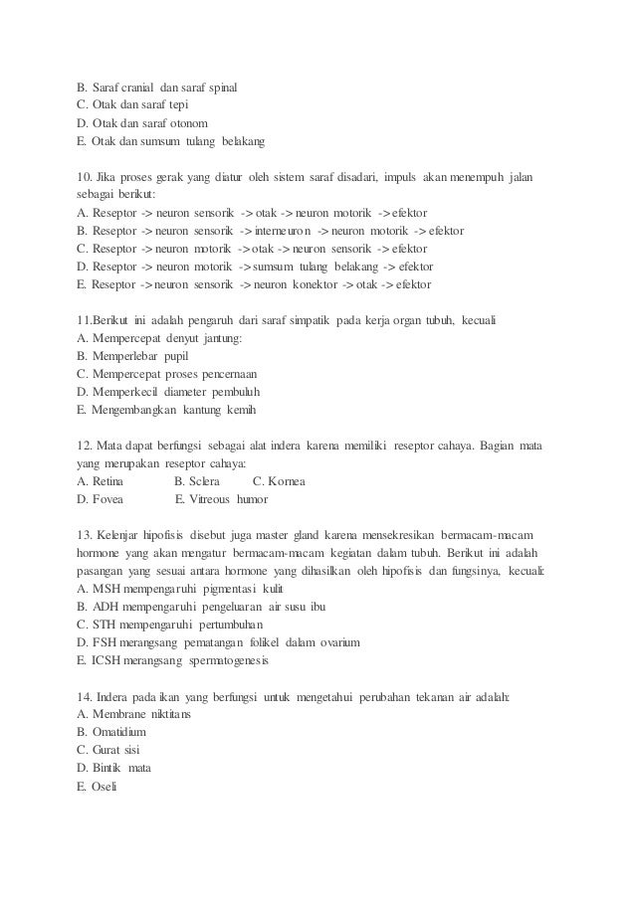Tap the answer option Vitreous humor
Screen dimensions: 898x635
point(230,498)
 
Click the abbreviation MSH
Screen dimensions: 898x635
point(108,589)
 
